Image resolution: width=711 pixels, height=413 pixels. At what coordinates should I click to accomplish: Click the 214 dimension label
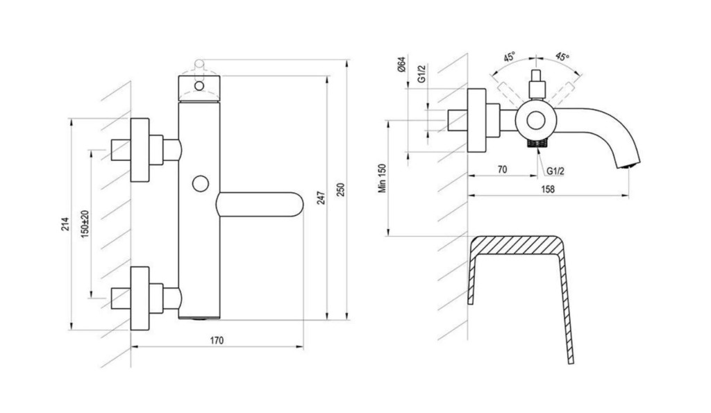(66, 224)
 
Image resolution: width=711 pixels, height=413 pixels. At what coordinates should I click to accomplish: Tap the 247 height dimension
(321, 198)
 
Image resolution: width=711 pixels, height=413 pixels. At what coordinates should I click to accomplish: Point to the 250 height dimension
(341, 189)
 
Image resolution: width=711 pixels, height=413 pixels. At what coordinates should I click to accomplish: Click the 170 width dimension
(217, 340)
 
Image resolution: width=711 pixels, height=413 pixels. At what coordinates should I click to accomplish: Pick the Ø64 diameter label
(401, 65)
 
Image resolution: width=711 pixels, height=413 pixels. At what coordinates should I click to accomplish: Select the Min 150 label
(383, 178)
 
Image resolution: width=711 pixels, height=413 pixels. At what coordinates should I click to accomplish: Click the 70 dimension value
(502, 169)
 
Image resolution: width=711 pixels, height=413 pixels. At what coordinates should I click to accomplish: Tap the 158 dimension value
(548, 189)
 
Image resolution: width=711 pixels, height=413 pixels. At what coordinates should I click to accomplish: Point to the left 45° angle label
(509, 58)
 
